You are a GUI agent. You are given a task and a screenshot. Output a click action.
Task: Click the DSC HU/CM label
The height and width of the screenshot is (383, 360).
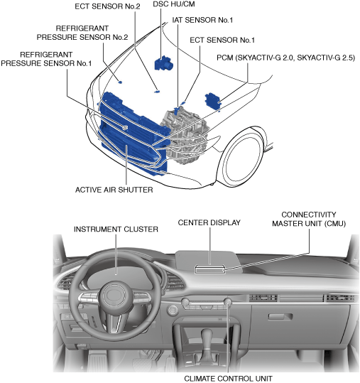click(x=174, y=4)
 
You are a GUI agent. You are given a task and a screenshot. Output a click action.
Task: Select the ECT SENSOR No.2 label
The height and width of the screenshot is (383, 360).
click(x=107, y=6)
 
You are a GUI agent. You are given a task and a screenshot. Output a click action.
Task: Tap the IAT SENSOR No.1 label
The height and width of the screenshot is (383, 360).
click(x=202, y=20)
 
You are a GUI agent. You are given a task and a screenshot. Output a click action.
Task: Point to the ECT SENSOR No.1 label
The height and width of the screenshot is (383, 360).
click(x=222, y=40)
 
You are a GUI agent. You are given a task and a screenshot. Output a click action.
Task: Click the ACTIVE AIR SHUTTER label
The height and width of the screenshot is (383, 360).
click(x=114, y=190)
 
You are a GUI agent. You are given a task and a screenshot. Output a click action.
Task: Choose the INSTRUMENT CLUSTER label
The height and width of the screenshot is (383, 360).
click(x=116, y=229)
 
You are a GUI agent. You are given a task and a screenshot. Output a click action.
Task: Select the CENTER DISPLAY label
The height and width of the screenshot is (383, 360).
click(x=209, y=222)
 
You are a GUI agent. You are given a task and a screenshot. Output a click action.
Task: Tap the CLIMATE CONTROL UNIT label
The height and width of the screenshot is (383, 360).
click(x=228, y=378)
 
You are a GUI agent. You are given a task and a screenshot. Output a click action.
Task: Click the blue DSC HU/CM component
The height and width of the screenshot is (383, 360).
click(x=164, y=63)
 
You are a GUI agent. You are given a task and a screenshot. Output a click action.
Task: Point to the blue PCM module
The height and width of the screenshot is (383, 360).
click(x=213, y=101)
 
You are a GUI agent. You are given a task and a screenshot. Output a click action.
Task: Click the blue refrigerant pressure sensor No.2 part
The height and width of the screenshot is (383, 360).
click(x=120, y=82)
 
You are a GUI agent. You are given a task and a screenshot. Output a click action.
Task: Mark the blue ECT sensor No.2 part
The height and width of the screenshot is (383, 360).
click(x=156, y=92)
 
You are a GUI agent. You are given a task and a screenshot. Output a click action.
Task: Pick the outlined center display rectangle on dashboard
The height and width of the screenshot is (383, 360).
click(x=210, y=269)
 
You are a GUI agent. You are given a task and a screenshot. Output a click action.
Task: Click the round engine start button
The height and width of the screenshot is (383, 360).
click(x=173, y=310)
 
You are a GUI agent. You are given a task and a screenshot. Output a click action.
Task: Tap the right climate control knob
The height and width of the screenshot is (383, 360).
click(x=228, y=302)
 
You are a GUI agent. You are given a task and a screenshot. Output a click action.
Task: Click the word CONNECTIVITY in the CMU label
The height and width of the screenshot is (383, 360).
click(x=309, y=215)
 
